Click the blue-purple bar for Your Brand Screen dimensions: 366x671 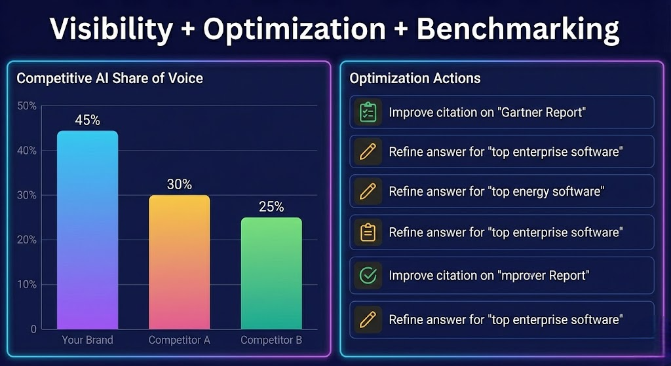87,229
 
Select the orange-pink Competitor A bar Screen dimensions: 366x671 179,262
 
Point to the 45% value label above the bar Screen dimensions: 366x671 87,120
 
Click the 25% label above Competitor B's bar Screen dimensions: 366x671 271,207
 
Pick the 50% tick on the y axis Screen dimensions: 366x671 27,106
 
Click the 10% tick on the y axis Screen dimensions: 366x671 27,285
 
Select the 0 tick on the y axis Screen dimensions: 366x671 33,329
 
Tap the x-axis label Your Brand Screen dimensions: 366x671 87,340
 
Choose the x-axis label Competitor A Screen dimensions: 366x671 179,340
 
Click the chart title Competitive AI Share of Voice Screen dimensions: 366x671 109,79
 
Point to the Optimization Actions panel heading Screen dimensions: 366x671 415,79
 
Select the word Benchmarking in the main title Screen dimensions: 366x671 518,29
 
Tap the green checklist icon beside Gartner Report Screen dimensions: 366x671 368,112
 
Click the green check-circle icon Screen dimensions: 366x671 368,276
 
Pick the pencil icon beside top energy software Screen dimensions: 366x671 368,192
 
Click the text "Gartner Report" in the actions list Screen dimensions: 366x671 542,113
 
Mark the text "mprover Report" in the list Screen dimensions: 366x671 544,276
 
